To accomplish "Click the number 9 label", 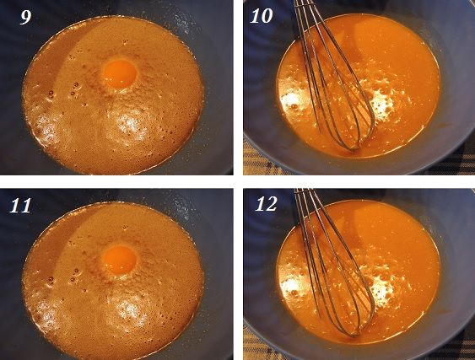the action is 26,17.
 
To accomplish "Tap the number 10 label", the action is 262,16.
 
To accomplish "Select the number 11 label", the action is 20,206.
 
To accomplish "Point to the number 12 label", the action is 266,204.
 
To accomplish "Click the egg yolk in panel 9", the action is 120,73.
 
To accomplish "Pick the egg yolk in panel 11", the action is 121,260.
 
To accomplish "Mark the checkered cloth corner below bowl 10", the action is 257,159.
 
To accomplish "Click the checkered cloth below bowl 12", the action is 257,345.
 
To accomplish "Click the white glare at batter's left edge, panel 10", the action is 290,100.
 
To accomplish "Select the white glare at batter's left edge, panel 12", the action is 290,287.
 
